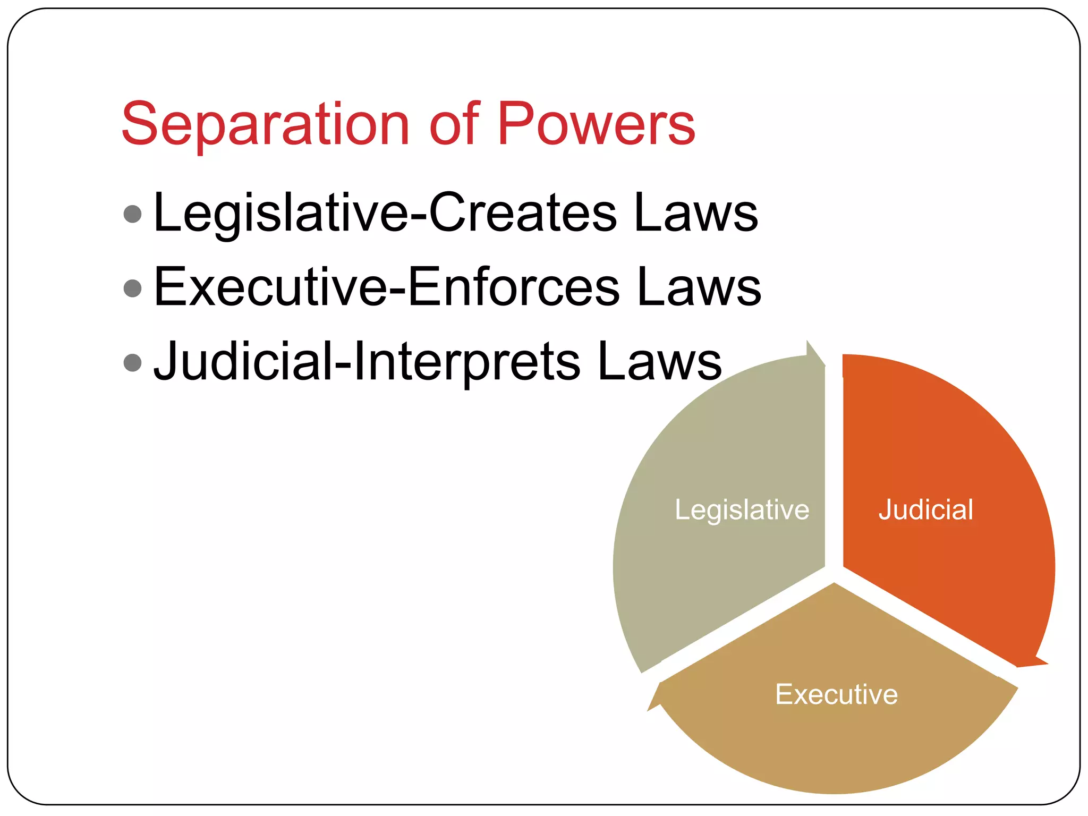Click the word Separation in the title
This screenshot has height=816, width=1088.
265,124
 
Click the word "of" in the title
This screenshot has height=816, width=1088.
455,124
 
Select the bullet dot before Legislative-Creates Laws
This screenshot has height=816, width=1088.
132,214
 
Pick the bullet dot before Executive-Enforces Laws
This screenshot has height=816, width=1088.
132,288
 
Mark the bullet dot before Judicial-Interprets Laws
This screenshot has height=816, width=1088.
132,363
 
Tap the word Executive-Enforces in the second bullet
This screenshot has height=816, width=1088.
386,287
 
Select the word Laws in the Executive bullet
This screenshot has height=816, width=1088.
699,287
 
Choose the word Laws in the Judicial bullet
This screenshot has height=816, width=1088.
659,362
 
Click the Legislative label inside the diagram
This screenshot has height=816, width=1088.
742,510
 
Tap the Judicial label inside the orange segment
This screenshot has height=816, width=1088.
925,510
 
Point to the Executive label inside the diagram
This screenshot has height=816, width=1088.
836,694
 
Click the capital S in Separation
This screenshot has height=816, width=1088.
139,124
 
